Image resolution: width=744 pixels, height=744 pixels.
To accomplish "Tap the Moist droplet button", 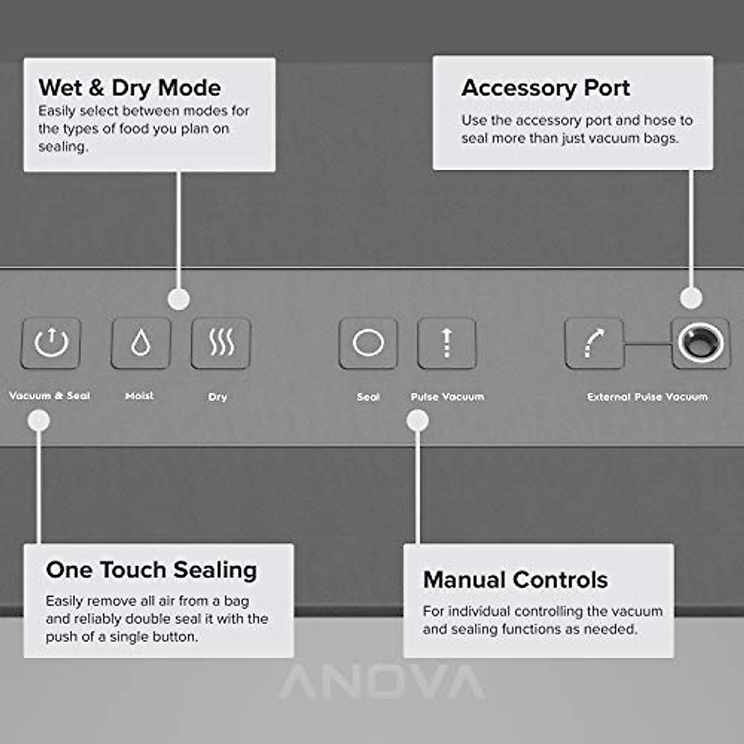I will click(x=141, y=343).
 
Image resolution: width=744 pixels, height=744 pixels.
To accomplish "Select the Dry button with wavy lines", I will click(x=221, y=343).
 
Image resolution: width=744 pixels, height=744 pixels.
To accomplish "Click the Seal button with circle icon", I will click(x=368, y=343).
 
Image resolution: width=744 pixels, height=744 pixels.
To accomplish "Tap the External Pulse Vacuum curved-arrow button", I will click(x=594, y=343).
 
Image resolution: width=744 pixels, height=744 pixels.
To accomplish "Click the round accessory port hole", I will click(x=701, y=342).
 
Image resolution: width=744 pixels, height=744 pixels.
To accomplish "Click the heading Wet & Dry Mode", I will click(x=130, y=87).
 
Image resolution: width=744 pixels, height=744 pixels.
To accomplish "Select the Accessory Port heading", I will click(x=546, y=87).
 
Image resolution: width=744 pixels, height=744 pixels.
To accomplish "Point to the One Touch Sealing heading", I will click(x=151, y=569).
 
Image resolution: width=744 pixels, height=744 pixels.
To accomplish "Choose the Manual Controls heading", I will click(x=515, y=580).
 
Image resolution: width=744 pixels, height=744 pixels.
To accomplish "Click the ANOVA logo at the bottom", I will click(x=382, y=682).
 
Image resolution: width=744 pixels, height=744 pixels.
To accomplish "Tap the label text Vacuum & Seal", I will click(x=50, y=396).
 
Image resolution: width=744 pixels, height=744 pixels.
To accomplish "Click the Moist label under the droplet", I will click(x=139, y=396).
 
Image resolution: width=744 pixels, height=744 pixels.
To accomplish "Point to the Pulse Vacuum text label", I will click(x=447, y=396).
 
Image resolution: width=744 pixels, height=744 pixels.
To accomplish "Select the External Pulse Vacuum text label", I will click(x=647, y=396).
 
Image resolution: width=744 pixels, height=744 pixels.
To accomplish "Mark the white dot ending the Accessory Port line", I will click(x=691, y=298).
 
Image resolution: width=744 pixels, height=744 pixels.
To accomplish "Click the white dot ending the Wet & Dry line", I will click(x=179, y=299).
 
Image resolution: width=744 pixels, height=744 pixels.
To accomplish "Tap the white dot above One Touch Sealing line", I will click(x=39, y=421).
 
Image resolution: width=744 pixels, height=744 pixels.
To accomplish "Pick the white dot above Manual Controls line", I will click(x=418, y=421).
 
